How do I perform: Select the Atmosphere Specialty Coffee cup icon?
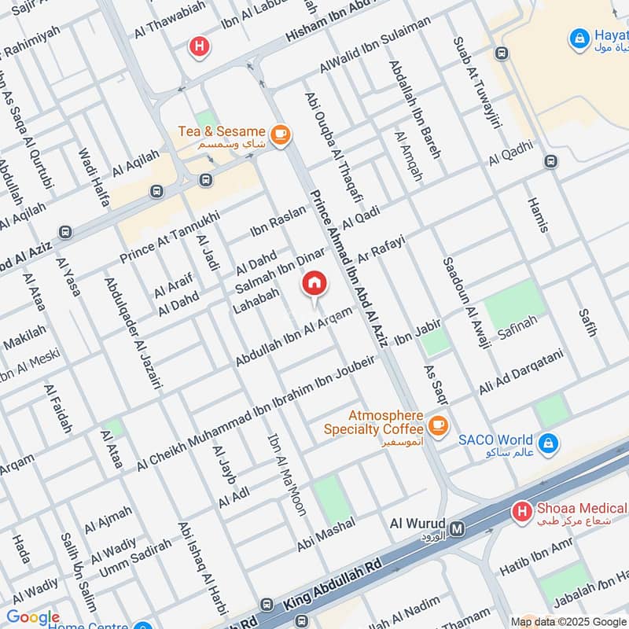438,427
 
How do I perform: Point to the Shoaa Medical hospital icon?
520,513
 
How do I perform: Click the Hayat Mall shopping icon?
579,37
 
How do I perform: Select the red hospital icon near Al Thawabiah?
200,47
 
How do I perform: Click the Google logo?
33,617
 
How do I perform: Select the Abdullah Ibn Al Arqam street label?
293,336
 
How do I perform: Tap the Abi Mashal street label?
326,534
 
